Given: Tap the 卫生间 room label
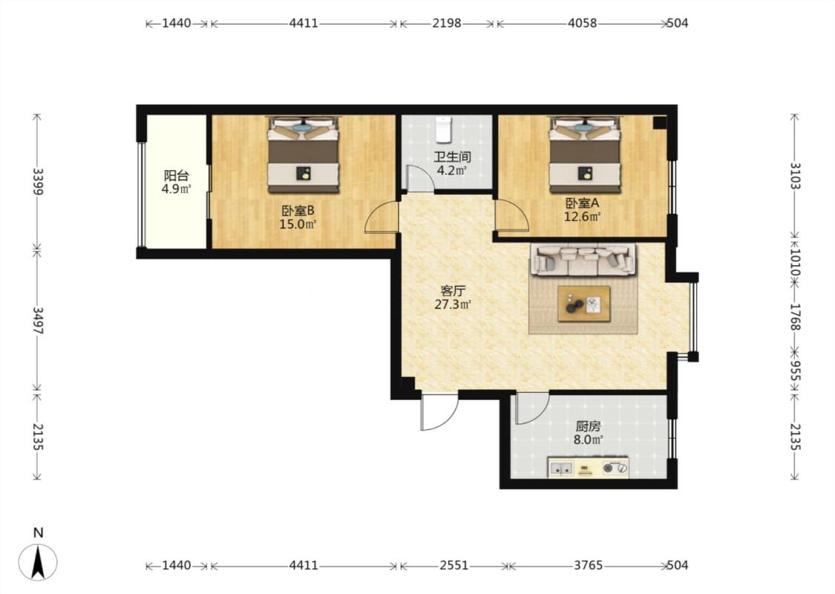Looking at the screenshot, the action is point(451,157).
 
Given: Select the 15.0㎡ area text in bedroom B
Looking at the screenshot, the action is point(298,224).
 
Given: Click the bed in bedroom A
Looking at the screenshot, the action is point(586,154).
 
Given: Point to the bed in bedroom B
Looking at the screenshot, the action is point(303,154).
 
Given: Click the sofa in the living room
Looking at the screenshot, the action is point(583,259).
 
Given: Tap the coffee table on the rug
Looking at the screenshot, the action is point(583,304).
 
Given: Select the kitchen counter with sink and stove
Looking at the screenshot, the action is point(588,467).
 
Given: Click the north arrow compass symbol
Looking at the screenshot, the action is point(38,561).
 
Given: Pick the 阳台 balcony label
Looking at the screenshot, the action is point(176,176).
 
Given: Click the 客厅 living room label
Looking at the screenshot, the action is point(453,291).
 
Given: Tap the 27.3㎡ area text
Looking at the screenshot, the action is point(453,304).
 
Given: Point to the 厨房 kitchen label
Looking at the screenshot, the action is point(588,426).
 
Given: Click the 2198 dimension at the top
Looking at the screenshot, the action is point(446,23).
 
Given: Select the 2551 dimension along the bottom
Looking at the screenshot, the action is point(453,565).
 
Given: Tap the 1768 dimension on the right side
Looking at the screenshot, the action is point(794,317).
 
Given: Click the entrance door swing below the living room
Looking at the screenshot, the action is point(439,412).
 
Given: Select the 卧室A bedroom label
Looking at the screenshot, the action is point(582,203).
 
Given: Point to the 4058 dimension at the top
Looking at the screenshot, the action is point(582,23).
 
